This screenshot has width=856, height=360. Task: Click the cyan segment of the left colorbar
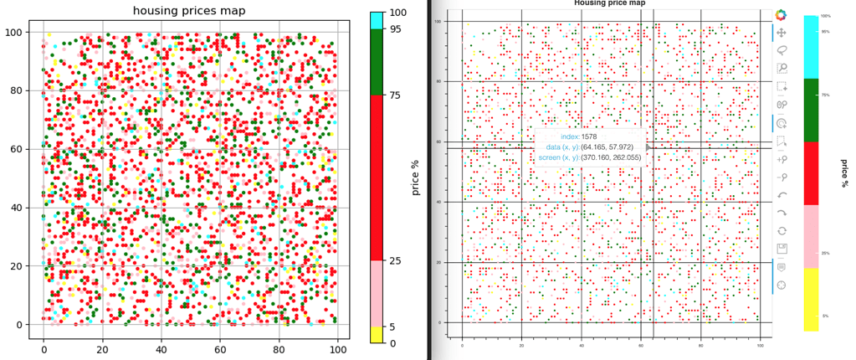pos(376,21)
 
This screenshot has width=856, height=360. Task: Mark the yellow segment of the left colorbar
pos(376,334)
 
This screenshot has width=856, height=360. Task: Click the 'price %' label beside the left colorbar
pos(415,177)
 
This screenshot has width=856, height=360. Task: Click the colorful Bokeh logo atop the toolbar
pos(782,15)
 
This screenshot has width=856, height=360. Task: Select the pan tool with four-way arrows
pos(782,33)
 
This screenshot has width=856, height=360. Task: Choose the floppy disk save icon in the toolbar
pos(782,249)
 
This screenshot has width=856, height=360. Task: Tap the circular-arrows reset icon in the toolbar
pos(782,230)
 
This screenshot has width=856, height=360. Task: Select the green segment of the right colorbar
pos(811,110)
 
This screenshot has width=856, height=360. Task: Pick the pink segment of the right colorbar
pos(811,236)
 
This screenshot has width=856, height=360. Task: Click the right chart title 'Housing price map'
pos(609,3)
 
